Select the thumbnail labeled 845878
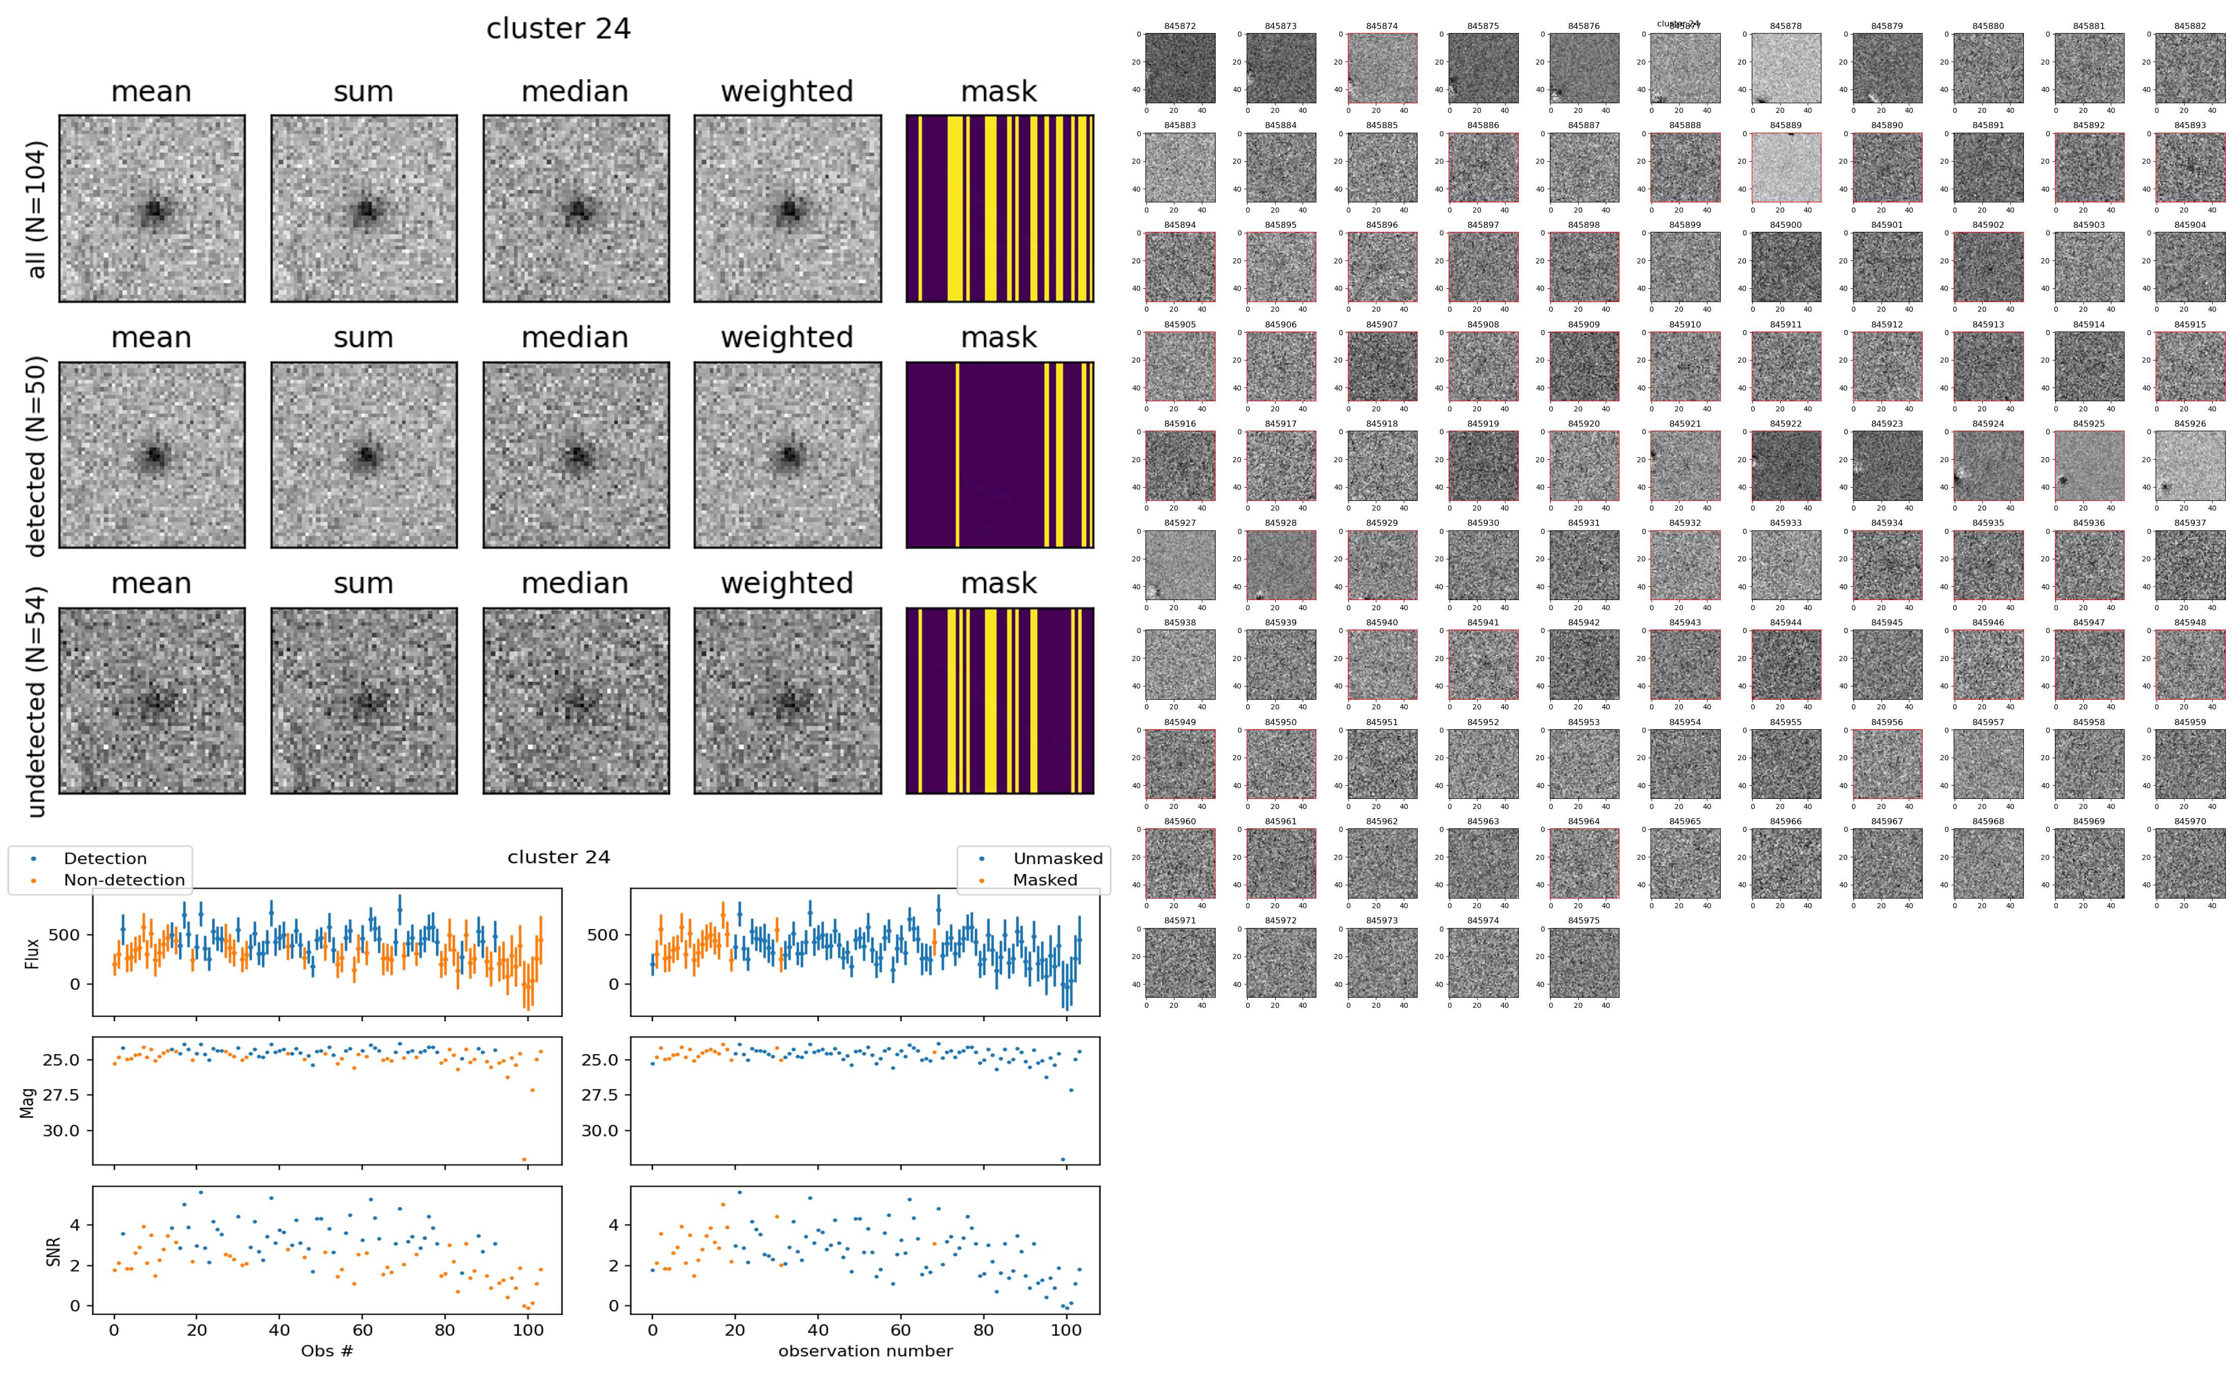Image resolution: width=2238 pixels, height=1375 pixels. pyautogui.click(x=1786, y=68)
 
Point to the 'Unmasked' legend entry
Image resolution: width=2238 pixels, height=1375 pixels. pyautogui.click(x=1057, y=858)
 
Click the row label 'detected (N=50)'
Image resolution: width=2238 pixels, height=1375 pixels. pyautogui.click(x=37, y=455)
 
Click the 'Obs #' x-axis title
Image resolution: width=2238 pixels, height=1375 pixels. pyautogui.click(x=327, y=1352)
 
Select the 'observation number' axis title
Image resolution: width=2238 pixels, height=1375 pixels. pyautogui.click(x=865, y=1352)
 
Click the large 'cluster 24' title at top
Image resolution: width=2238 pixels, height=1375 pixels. pyautogui.click(x=558, y=29)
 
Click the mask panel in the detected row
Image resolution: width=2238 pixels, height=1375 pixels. pyautogui.click(x=999, y=455)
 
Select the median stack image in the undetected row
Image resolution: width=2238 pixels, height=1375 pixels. pyautogui.click(x=576, y=701)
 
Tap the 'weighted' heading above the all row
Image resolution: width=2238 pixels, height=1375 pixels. pyautogui.click(x=787, y=92)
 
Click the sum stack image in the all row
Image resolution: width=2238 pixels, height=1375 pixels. pyautogui.click(x=364, y=208)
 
